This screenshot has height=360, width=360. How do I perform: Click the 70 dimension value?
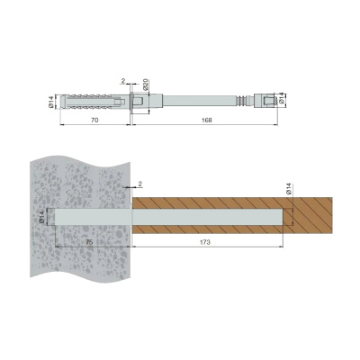94,121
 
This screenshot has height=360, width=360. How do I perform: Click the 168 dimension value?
207,121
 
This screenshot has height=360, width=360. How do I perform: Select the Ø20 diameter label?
146,85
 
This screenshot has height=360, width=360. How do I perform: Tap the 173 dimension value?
205,242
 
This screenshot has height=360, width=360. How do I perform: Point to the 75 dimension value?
89,242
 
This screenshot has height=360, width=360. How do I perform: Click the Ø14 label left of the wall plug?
50,102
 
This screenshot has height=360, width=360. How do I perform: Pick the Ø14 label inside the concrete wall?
42,217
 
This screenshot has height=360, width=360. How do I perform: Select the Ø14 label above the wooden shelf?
289,189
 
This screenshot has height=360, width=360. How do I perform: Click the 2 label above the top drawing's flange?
123,81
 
